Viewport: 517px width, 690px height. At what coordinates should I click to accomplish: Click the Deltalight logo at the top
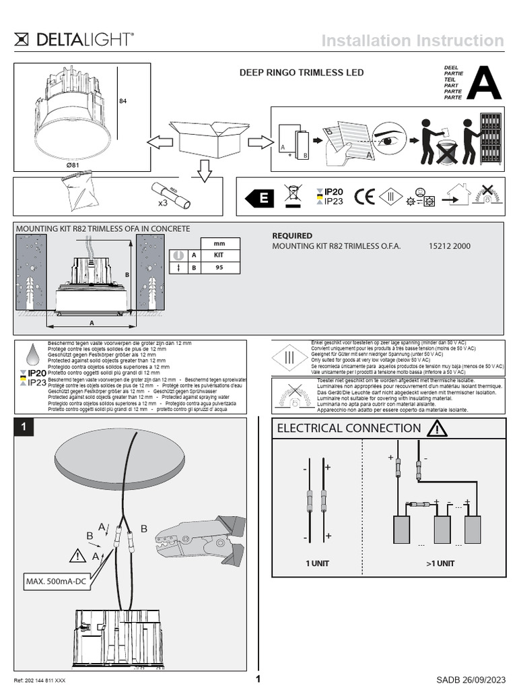tap(74, 40)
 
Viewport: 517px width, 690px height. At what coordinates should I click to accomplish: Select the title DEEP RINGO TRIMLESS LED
tap(302, 73)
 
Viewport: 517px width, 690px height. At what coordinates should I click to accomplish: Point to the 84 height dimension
tap(123, 101)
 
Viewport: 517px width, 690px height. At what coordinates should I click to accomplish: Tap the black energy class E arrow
tap(259, 197)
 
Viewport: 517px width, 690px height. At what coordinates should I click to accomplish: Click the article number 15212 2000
tap(449, 247)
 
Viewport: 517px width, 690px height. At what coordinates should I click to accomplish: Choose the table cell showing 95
tap(219, 268)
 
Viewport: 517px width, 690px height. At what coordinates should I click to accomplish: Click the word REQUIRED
tap(291, 236)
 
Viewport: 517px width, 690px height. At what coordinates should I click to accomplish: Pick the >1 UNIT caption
tap(440, 563)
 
